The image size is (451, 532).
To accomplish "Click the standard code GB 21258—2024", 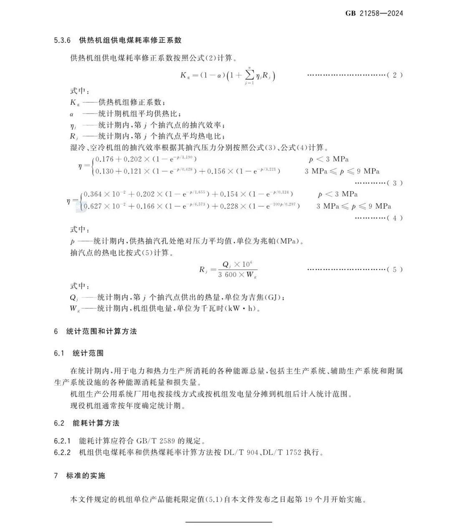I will [374, 13].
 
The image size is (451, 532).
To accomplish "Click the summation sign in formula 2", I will [250, 75].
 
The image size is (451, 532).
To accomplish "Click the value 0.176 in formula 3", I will [104, 159].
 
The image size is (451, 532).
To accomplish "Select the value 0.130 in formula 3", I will [104, 171].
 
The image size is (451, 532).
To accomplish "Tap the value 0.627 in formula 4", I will [93, 206].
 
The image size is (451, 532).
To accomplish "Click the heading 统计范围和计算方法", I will [101, 332].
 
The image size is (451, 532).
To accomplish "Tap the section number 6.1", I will [59, 353].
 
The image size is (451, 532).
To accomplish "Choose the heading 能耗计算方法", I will [96, 423].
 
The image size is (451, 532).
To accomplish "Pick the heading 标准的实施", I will [86, 476].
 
